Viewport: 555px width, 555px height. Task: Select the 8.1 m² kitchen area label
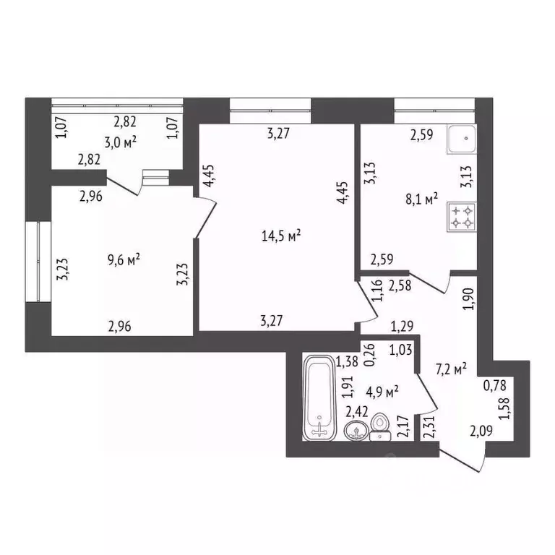[422, 199]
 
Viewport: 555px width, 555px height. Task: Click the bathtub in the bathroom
[318, 397]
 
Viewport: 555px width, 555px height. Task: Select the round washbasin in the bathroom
[355, 431]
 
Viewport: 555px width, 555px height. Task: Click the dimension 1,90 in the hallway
[467, 298]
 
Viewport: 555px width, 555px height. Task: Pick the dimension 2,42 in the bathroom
[356, 411]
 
